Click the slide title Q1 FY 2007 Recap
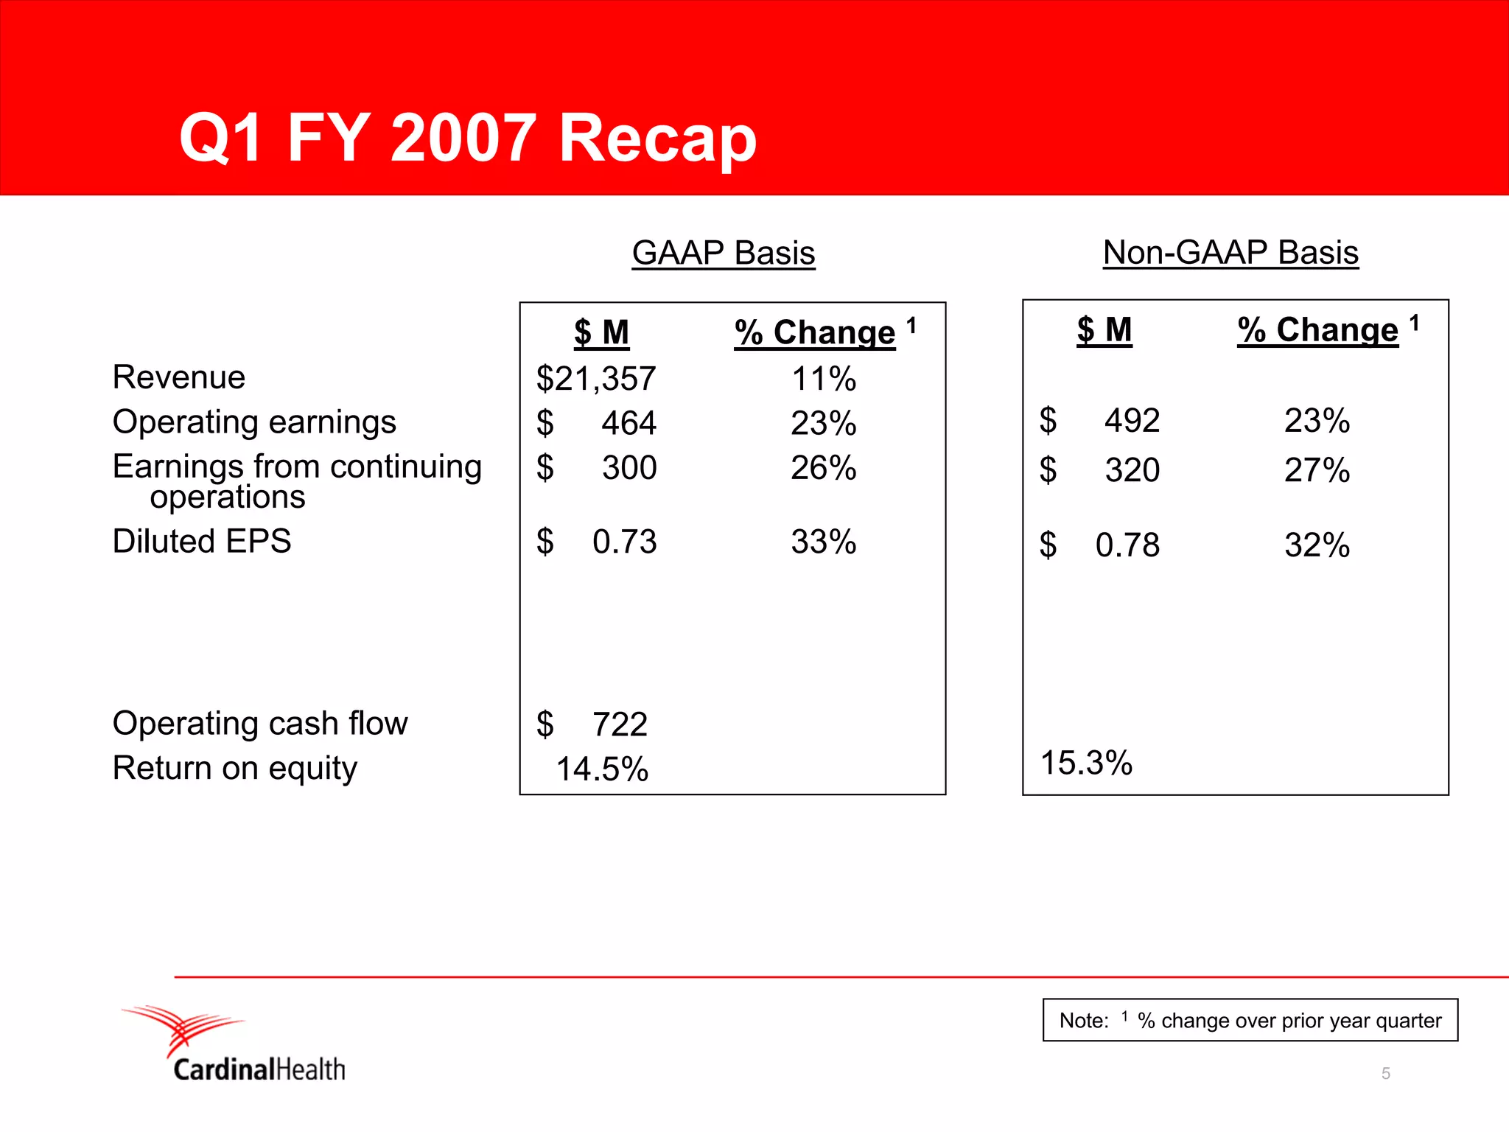pyautogui.click(x=468, y=139)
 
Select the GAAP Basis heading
pyautogui.click(x=723, y=253)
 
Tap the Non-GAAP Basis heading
pyautogui.click(x=1230, y=252)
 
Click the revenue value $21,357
pyautogui.click(x=595, y=379)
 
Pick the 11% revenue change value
pyautogui.click(x=823, y=379)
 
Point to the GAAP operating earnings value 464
pyautogui.click(x=629, y=423)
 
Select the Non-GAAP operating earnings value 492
pyautogui.click(x=1132, y=421)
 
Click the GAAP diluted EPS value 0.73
pyautogui.click(x=624, y=542)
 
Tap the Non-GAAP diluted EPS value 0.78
pyautogui.click(x=1127, y=545)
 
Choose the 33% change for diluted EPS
pyautogui.click(x=823, y=542)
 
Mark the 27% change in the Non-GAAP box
pyautogui.click(x=1317, y=470)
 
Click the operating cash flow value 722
pyautogui.click(x=620, y=724)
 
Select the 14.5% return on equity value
pyautogui.click(x=602, y=769)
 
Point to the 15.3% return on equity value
pyautogui.click(x=1086, y=763)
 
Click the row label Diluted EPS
pyautogui.click(x=202, y=541)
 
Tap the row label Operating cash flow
pyautogui.click(x=259, y=723)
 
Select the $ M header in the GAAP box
pyautogui.click(x=601, y=332)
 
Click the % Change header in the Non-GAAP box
pyautogui.click(x=1317, y=329)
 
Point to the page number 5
pyautogui.click(x=1385, y=1074)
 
